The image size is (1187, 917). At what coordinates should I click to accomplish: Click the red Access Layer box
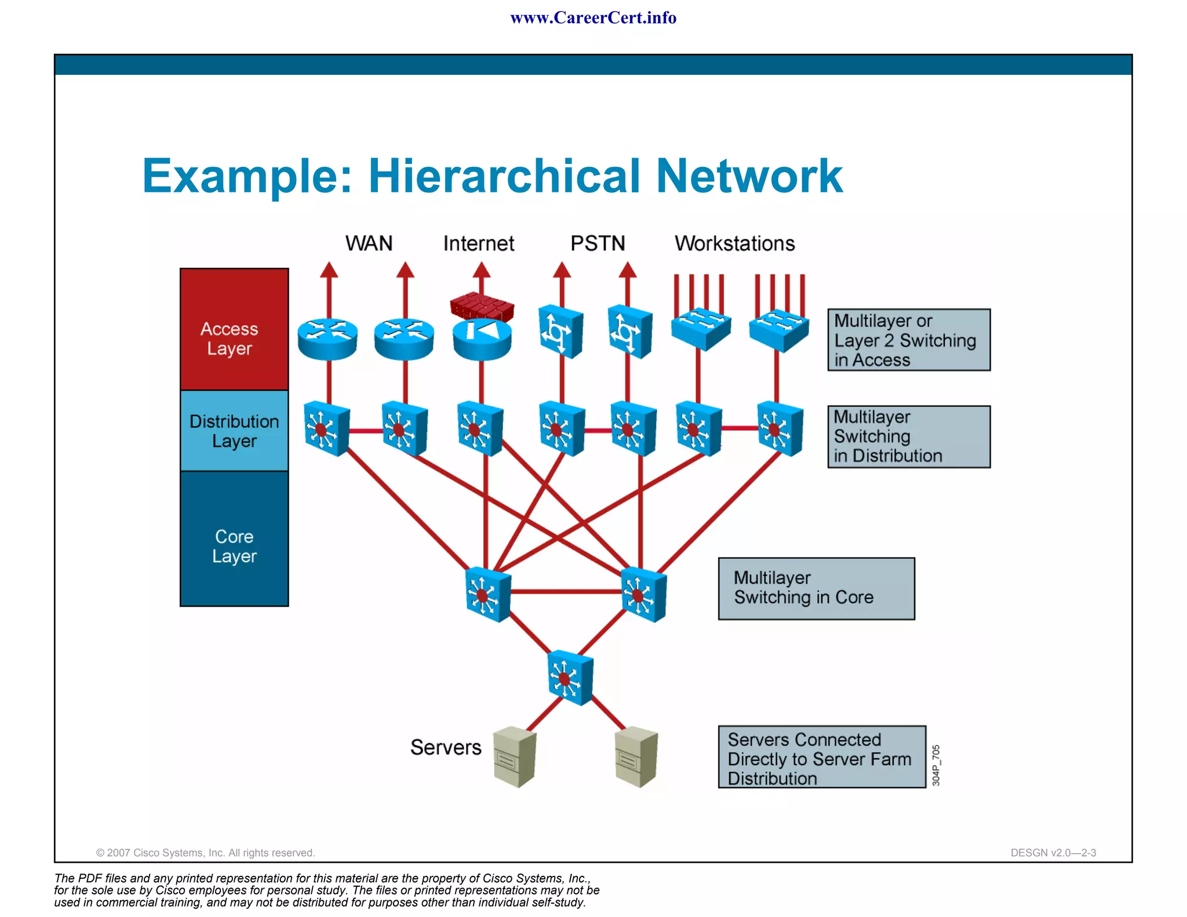234,329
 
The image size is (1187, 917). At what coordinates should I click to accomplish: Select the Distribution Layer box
234,431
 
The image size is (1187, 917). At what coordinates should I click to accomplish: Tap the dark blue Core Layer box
234,539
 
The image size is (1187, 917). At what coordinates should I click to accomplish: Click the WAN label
369,243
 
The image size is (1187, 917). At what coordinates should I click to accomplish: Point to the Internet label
478,243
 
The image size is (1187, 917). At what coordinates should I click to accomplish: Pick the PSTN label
598,243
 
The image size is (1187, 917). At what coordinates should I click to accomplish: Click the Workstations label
734,243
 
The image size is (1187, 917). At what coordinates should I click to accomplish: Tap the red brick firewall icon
482,306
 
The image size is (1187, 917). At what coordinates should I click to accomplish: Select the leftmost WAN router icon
327,339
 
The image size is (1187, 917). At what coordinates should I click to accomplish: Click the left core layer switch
488,594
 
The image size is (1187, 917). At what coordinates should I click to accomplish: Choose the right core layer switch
643,594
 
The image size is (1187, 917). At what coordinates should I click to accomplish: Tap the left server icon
515,756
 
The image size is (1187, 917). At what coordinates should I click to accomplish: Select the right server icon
636,756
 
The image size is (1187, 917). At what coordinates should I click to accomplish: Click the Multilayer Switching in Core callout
816,588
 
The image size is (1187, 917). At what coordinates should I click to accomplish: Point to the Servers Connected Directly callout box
821,757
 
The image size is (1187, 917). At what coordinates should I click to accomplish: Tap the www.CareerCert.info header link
593,18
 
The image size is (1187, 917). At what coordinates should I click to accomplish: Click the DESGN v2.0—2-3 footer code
1053,853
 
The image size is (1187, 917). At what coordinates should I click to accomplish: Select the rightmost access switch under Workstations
778,330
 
